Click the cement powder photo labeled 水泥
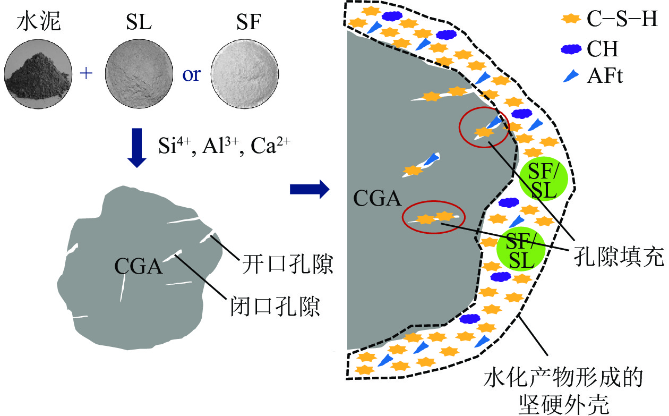pos(37,73)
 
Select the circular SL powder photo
pos(139,73)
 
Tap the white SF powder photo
pos(245,73)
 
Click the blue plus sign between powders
pos(88,74)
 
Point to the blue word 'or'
pos(192,74)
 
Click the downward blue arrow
pos(137,148)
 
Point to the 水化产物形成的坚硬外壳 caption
pos(564,392)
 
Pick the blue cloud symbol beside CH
pos(571,49)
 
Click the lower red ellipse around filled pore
pos(434,217)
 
